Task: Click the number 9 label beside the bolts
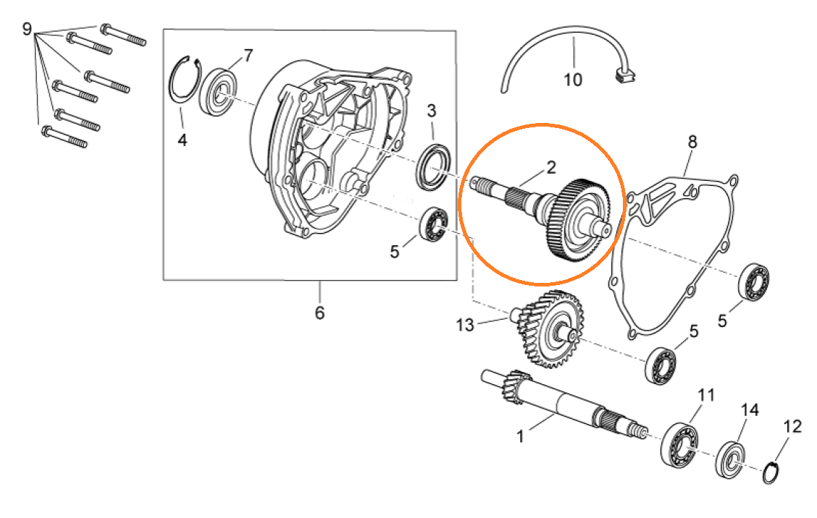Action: coord(27,29)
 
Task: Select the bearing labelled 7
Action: coord(219,92)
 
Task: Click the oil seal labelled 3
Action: coord(433,166)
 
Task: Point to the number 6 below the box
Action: coord(320,313)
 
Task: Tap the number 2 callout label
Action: coord(550,167)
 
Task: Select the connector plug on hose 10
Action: coord(625,75)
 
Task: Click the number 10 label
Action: coord(573,80)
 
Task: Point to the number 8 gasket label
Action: coord(692,142)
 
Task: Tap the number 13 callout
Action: coord(465,326)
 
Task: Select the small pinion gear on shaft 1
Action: coord(517,387)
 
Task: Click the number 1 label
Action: coord(519,436)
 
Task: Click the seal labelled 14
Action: coord(730,459)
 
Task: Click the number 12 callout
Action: coord(792,427)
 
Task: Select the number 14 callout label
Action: coord(750,410)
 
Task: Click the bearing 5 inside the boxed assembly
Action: coord(434,224)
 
